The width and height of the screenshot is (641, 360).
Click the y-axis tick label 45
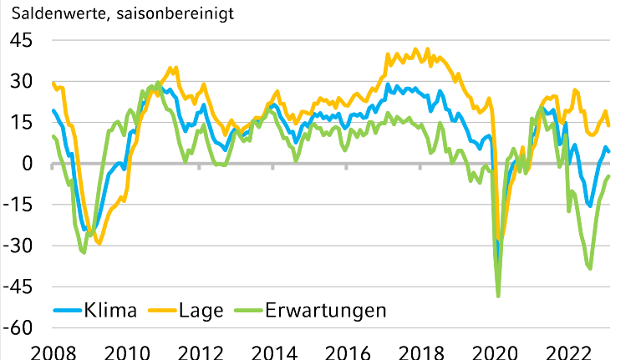click(x=21, y=41)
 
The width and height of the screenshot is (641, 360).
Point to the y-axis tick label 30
click(x=21, y=82)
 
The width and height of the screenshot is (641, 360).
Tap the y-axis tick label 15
click(x=21, y=123)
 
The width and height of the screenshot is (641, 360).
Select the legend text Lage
click(x=201, y=311)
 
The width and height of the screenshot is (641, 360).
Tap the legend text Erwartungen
click(x=326, y=311)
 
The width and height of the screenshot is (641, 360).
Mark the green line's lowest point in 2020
click(x=499, y=296)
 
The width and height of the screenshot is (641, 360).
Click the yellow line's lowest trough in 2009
click(x=99, y=243)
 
